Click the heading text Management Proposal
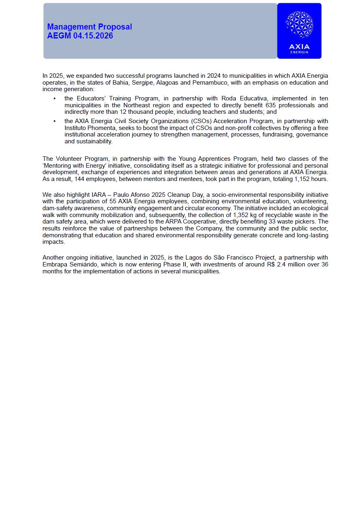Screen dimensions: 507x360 coord(89,27)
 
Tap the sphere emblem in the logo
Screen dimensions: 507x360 coord(299,25)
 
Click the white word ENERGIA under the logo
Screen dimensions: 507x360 coord(299,52)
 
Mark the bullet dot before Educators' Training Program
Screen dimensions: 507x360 coord(55,99)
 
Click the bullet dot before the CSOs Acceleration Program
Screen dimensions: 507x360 coord(55,121)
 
